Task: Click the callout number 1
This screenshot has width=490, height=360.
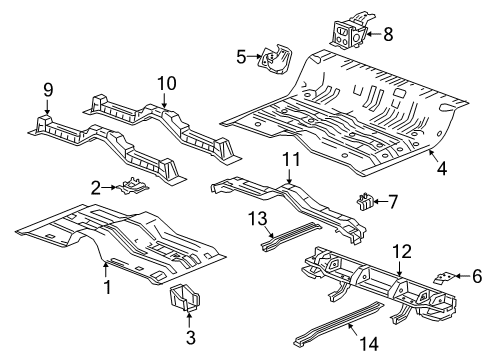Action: (x=105, y=287)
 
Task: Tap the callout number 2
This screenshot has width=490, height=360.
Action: (x=96, y=186)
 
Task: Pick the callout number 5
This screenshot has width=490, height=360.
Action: (x=240, y=57)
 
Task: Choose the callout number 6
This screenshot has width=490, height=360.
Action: (x=476, y=276)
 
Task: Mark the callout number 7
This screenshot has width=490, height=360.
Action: (x=393, y=202)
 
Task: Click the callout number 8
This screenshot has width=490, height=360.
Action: (x=388, y=33)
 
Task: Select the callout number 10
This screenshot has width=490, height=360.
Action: (x=166, y=83)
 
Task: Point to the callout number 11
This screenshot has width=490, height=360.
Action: (x=290, y=159)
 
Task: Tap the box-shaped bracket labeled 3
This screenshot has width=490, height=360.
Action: (x=187, y=297)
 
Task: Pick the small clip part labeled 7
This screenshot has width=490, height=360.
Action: (x=365, y=202)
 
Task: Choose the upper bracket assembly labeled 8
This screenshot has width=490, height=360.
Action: (x=351, y=30)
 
